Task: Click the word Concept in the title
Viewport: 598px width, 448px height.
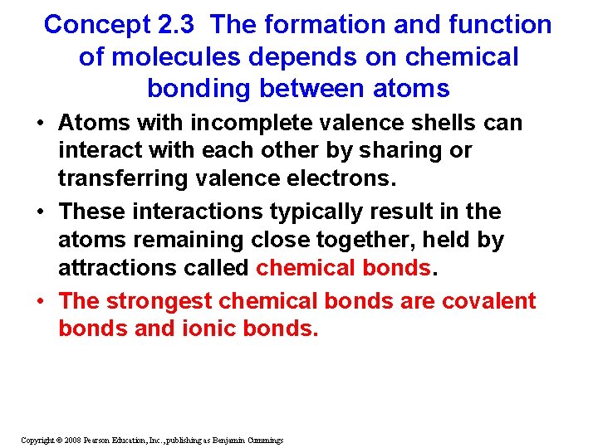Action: pyautogui.click(x=96, y=25)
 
